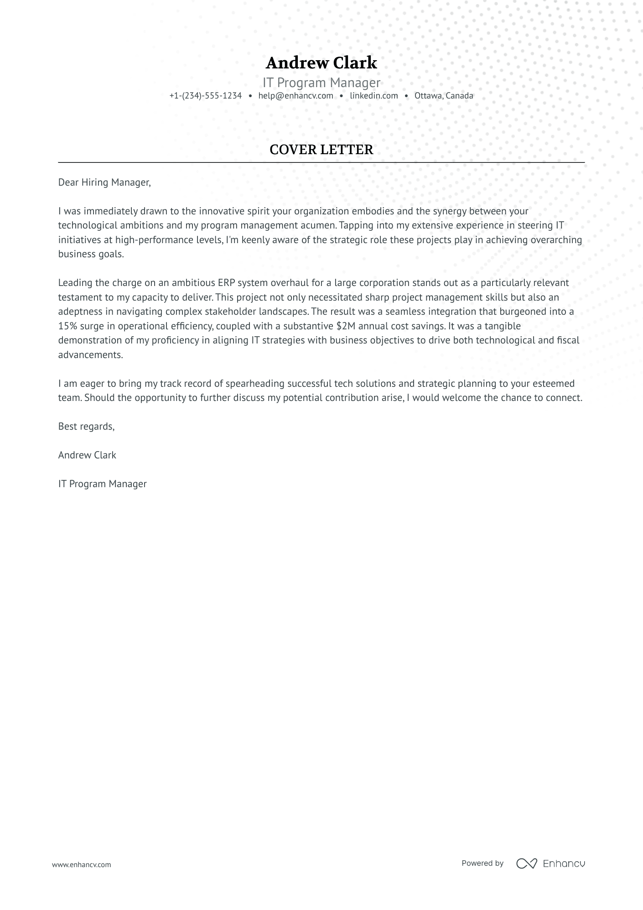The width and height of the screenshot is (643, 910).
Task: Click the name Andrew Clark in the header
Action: pos(321,63)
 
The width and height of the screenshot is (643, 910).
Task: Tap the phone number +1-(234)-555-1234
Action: pos(205,96)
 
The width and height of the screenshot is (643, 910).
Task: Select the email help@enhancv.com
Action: pos(296,96)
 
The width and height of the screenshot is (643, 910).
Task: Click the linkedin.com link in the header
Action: pos(374,96)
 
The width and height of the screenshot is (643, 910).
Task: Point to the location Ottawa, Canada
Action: pos(444,96)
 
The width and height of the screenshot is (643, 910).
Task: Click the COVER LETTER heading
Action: pos(321,150)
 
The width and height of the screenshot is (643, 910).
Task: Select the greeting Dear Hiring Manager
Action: pos(104,182)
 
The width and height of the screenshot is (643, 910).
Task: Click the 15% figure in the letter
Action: pos(67,326)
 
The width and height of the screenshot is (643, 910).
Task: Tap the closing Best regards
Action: pos(86,426)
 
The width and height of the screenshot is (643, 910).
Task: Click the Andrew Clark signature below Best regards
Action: pos(87,455)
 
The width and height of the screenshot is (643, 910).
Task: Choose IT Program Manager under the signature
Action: pos(102,484)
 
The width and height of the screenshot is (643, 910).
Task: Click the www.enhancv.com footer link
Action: pos(81,864)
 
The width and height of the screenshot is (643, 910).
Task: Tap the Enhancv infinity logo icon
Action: pos(526,863)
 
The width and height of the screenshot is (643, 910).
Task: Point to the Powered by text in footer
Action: pos(482,863)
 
